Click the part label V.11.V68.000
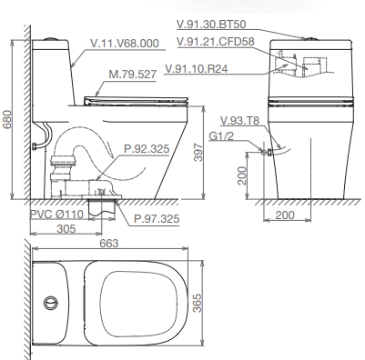pyautogui.click(x=125, y=44)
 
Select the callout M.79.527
pyautogui.click(x=133, y=75)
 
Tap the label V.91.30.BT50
pyautogui.click(x=211, y=25)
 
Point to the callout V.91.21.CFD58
pyautogui.click(x=216, y=42)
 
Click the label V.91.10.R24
pyautogui.click(x=196, y=69)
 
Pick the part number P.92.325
pyautogui.click(x=147, y=149)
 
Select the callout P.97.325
pyautogui.click(x=157, y=218)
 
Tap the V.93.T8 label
pyautogui.click(x=239, y=121)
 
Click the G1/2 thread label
pyautogui.click(x=221, y=136)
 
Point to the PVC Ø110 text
pyautogui.click(x=56, y=215)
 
